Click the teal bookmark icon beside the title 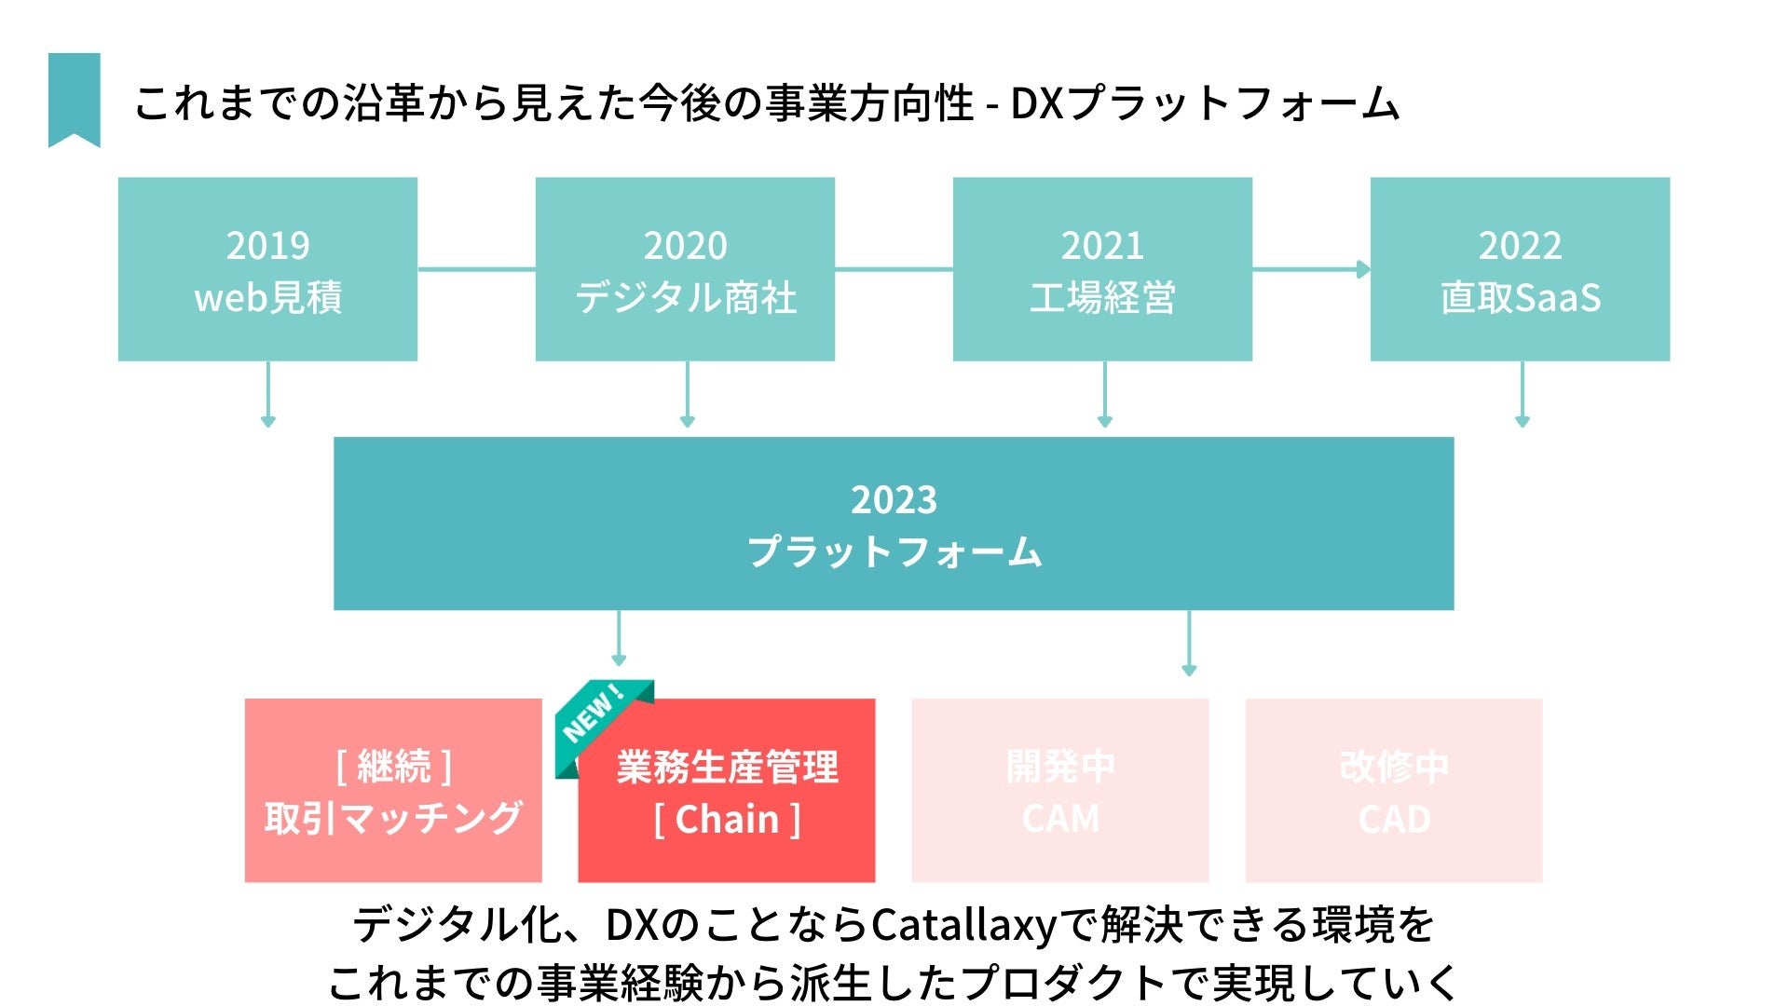point(75,99)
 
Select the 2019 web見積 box point(267,269)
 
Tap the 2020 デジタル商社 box point(685,269)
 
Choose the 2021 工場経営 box point(1102,269)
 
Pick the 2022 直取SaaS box point(1520,269)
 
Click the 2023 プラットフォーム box point(894,523)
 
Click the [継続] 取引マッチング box point(393,791)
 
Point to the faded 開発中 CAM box point(1060,791)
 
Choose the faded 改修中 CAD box point(1394,791)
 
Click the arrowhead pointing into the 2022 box point(1363,269)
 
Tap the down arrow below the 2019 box point(268,395)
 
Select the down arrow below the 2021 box point(1105,395)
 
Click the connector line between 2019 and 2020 point(476,269)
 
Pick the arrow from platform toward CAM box point(1189,643)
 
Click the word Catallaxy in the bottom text point(964,925)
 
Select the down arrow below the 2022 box point(1523,395)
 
